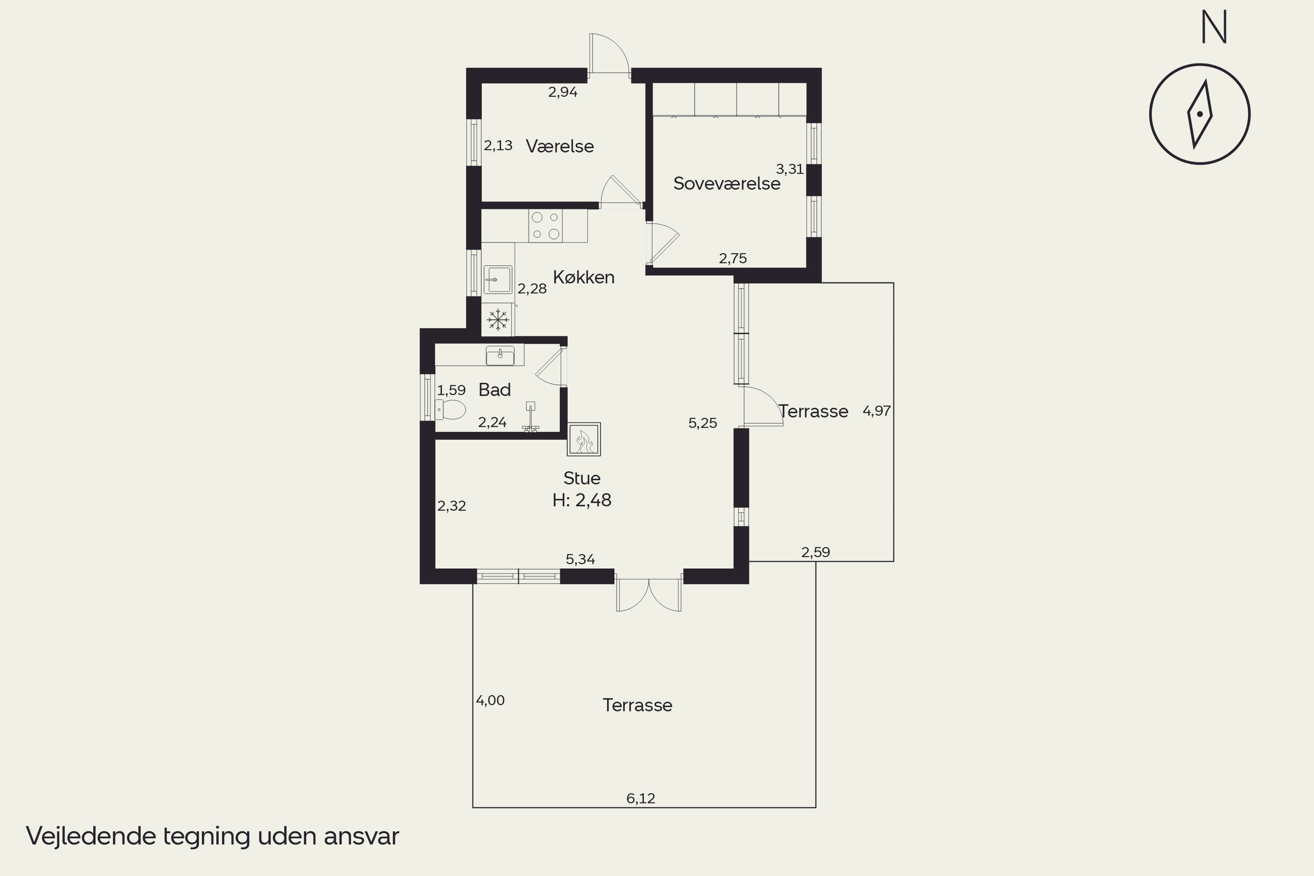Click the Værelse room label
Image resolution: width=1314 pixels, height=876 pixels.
560,146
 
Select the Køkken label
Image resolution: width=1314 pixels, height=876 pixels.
584,277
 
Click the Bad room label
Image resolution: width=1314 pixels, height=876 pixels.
495,389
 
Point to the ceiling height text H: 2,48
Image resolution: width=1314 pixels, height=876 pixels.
582,500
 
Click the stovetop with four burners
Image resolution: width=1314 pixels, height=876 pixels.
545,226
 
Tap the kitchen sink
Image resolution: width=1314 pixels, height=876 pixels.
498,279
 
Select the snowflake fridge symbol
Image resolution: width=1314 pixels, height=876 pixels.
497,320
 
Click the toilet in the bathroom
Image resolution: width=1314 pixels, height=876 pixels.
450,410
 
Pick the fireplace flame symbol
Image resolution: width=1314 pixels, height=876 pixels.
584,439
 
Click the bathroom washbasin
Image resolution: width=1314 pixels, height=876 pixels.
500,355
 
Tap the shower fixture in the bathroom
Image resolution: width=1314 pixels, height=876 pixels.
530,417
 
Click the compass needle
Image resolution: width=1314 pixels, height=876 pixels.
1200,114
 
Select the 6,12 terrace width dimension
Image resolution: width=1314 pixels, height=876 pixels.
641,798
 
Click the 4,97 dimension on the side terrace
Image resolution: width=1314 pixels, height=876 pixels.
876,411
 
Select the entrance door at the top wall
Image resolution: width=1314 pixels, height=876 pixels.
609,53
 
